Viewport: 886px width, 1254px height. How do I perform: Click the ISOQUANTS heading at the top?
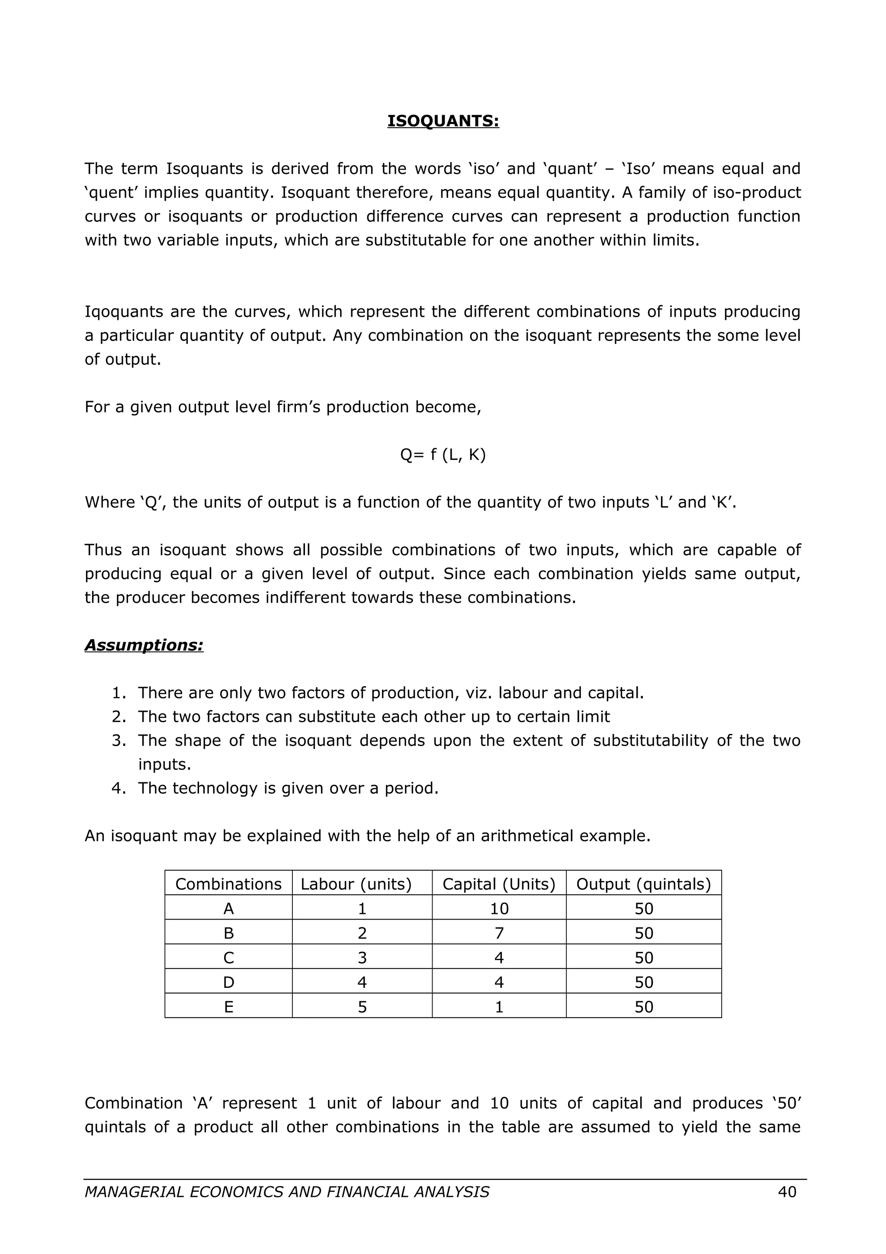pos(443,121)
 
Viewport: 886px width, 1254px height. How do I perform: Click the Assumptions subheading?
pos(144,645)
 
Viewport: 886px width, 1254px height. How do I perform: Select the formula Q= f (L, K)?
pos(443,454)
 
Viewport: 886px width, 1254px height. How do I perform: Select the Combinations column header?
pos(228,884)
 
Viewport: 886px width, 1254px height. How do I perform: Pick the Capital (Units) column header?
pos(498,884)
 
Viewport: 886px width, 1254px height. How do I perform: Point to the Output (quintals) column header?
pos(644,884)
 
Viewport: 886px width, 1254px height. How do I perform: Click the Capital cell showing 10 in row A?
pos(499,909)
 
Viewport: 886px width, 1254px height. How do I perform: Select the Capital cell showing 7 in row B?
pos(499,933)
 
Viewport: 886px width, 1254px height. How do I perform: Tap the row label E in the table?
pos(228,1007)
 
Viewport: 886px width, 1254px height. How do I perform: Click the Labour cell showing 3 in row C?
pos(362,958)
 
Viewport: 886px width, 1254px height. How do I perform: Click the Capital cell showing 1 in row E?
pos(499,1007)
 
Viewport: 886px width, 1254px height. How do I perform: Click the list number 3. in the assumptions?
pos(119,741)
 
